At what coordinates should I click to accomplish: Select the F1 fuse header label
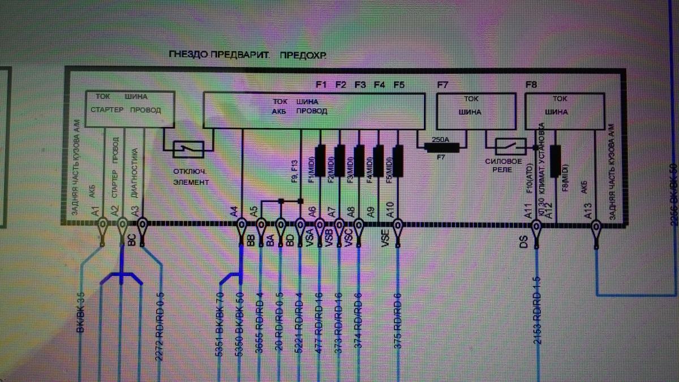pyautogui.click(x=321, y=85)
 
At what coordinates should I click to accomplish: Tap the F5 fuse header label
pyautogui.click(x=398, y=85)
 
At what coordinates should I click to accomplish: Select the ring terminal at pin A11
pyautogui.click(x=536, y=228)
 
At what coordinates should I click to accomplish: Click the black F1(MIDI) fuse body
pyautogui.click(x=320, y=160)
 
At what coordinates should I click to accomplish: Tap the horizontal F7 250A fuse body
pyautogui.click(x=441, y=147)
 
